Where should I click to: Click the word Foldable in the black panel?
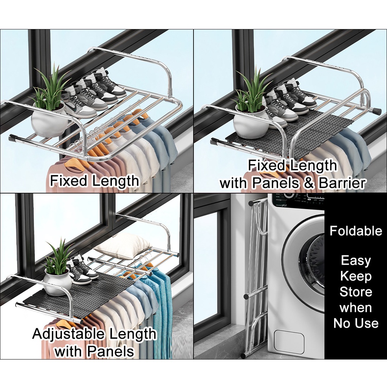pos(356,231)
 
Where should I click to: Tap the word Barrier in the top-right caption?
pos(342,183)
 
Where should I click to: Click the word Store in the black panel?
pos(356,292)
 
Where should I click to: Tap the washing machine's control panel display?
pos(299,200)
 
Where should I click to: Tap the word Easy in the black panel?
pos(356,261)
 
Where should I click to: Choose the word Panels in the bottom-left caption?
pos(111,351)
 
